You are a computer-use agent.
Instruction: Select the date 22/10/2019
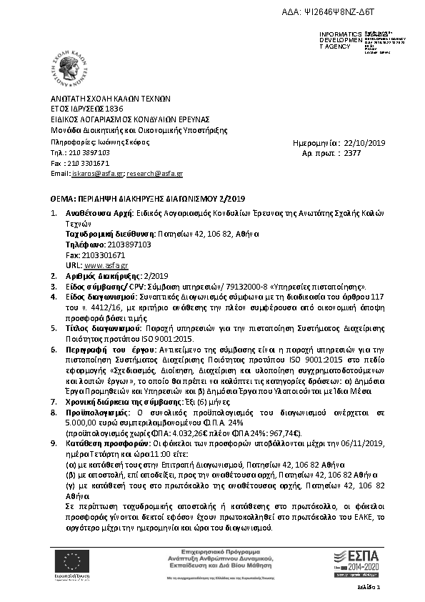(364, 143)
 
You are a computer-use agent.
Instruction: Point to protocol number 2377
(353, 153)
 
